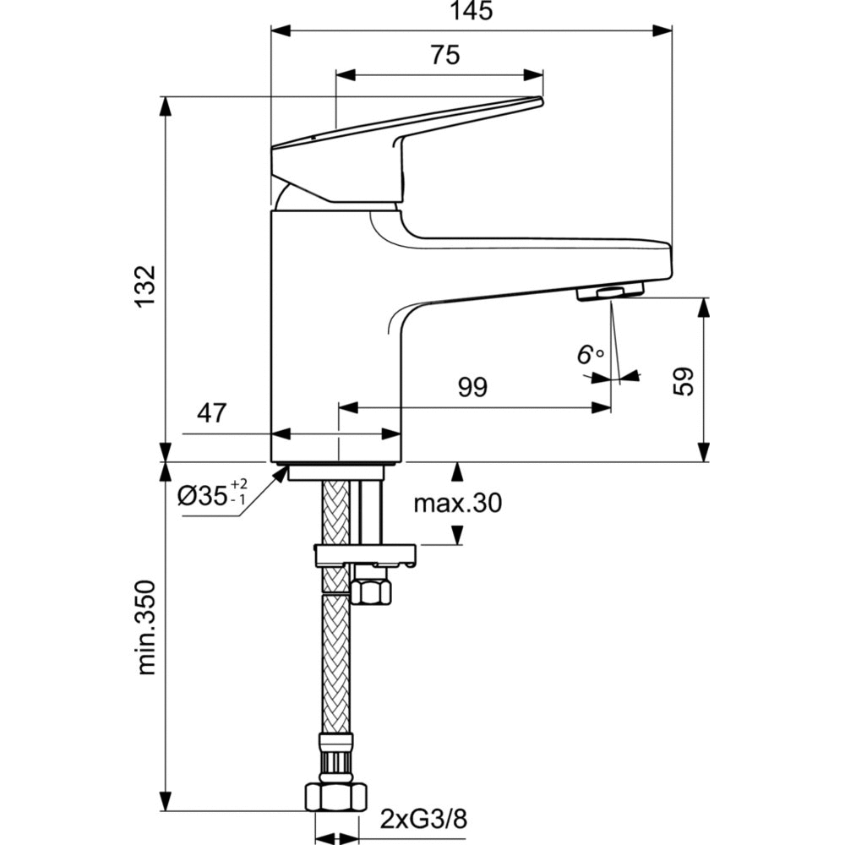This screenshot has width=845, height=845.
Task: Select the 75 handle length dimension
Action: tap(445, 55)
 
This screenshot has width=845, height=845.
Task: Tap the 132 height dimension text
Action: tap(145, 286)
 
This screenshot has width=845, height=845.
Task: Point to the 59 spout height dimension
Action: tap(684, 382)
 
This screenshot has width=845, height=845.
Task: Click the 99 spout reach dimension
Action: tap(472, 387)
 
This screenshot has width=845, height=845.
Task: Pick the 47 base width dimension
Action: tap(212, 413)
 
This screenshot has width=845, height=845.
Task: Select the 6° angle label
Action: tap(590, 355)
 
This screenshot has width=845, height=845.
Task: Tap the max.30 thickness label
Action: tap(457, 503)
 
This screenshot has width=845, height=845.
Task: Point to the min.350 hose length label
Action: tap(145, 627)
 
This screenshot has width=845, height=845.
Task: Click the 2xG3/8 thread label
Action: tap(424, 820)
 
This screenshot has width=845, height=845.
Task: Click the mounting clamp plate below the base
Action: tap(365, 555)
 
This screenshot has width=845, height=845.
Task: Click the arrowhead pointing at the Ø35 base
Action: tap(281, 473)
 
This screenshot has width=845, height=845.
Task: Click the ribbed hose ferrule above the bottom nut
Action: tap(336, 757)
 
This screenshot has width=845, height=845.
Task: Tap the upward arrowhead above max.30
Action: tap(457, 472)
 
